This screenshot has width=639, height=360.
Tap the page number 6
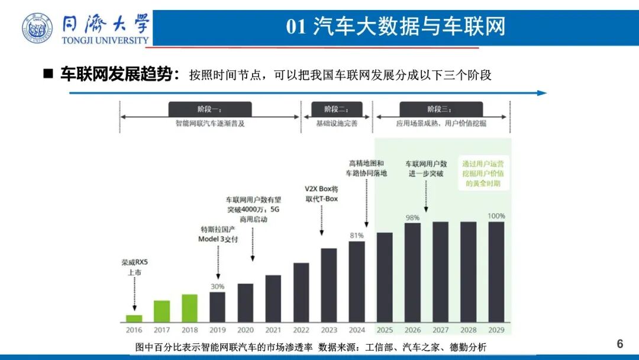[x=620, y=343]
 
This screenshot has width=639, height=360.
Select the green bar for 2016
[x=134, y=318]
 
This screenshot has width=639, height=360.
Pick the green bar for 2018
[x=189, y=308]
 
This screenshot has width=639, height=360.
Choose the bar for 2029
[x=496, y=272]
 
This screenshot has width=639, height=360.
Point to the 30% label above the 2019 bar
[x=217, y=287]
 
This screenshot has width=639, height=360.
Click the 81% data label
[x=357, y=236]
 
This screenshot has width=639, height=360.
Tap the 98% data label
[x=412, y=217]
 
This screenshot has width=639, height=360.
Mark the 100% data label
[x=496, y=216]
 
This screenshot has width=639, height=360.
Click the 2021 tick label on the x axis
[x=273, y=330]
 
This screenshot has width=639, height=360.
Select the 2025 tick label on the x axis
[x=385, y=330]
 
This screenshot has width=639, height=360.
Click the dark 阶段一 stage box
[x=210, y=109]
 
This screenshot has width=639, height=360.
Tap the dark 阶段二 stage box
[x=336, y=109]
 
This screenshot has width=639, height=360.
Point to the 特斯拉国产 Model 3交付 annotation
[x=218, y=233]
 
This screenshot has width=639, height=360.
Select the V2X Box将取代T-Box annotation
[x=321, y=194]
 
